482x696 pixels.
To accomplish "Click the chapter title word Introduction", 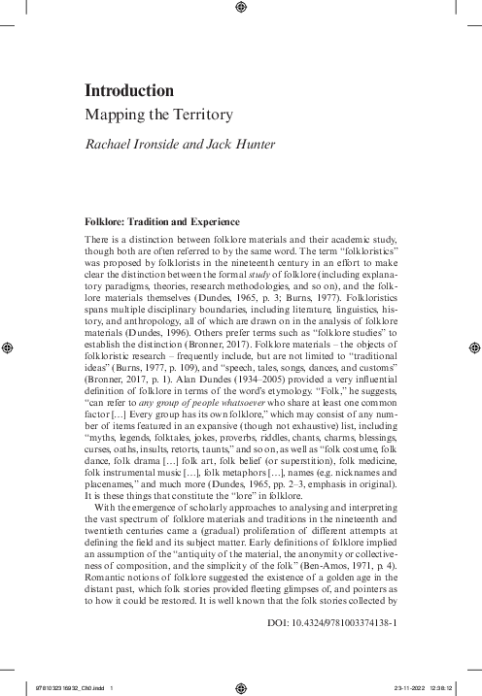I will pos(129,91).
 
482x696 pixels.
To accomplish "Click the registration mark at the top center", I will pos(241,10).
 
